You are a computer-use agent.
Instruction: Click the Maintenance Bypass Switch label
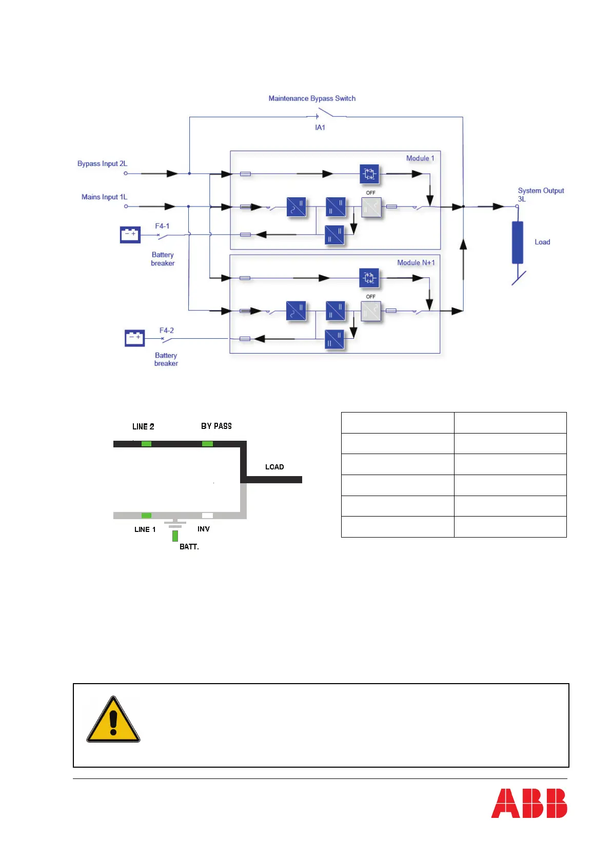312,98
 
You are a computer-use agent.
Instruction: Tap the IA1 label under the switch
320,128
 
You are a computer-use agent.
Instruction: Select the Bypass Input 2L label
102,163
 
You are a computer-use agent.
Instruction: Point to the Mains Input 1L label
104,197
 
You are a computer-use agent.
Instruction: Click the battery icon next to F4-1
130,234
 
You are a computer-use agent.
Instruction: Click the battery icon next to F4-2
135,338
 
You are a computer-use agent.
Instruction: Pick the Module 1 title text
420,158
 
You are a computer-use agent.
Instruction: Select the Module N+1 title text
416,262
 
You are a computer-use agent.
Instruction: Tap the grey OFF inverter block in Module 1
371,207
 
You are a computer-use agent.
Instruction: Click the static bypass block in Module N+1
369,278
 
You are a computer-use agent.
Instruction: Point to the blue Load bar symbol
517,242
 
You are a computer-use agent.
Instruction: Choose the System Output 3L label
540,194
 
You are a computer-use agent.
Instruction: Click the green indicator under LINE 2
146,444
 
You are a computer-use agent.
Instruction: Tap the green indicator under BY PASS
207,444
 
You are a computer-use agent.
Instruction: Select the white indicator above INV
207,516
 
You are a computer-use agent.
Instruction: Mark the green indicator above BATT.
175,536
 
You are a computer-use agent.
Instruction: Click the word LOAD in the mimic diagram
274,467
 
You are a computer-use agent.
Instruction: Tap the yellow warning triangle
113,720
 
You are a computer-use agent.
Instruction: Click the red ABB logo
529,803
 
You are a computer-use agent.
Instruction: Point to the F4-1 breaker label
162,226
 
